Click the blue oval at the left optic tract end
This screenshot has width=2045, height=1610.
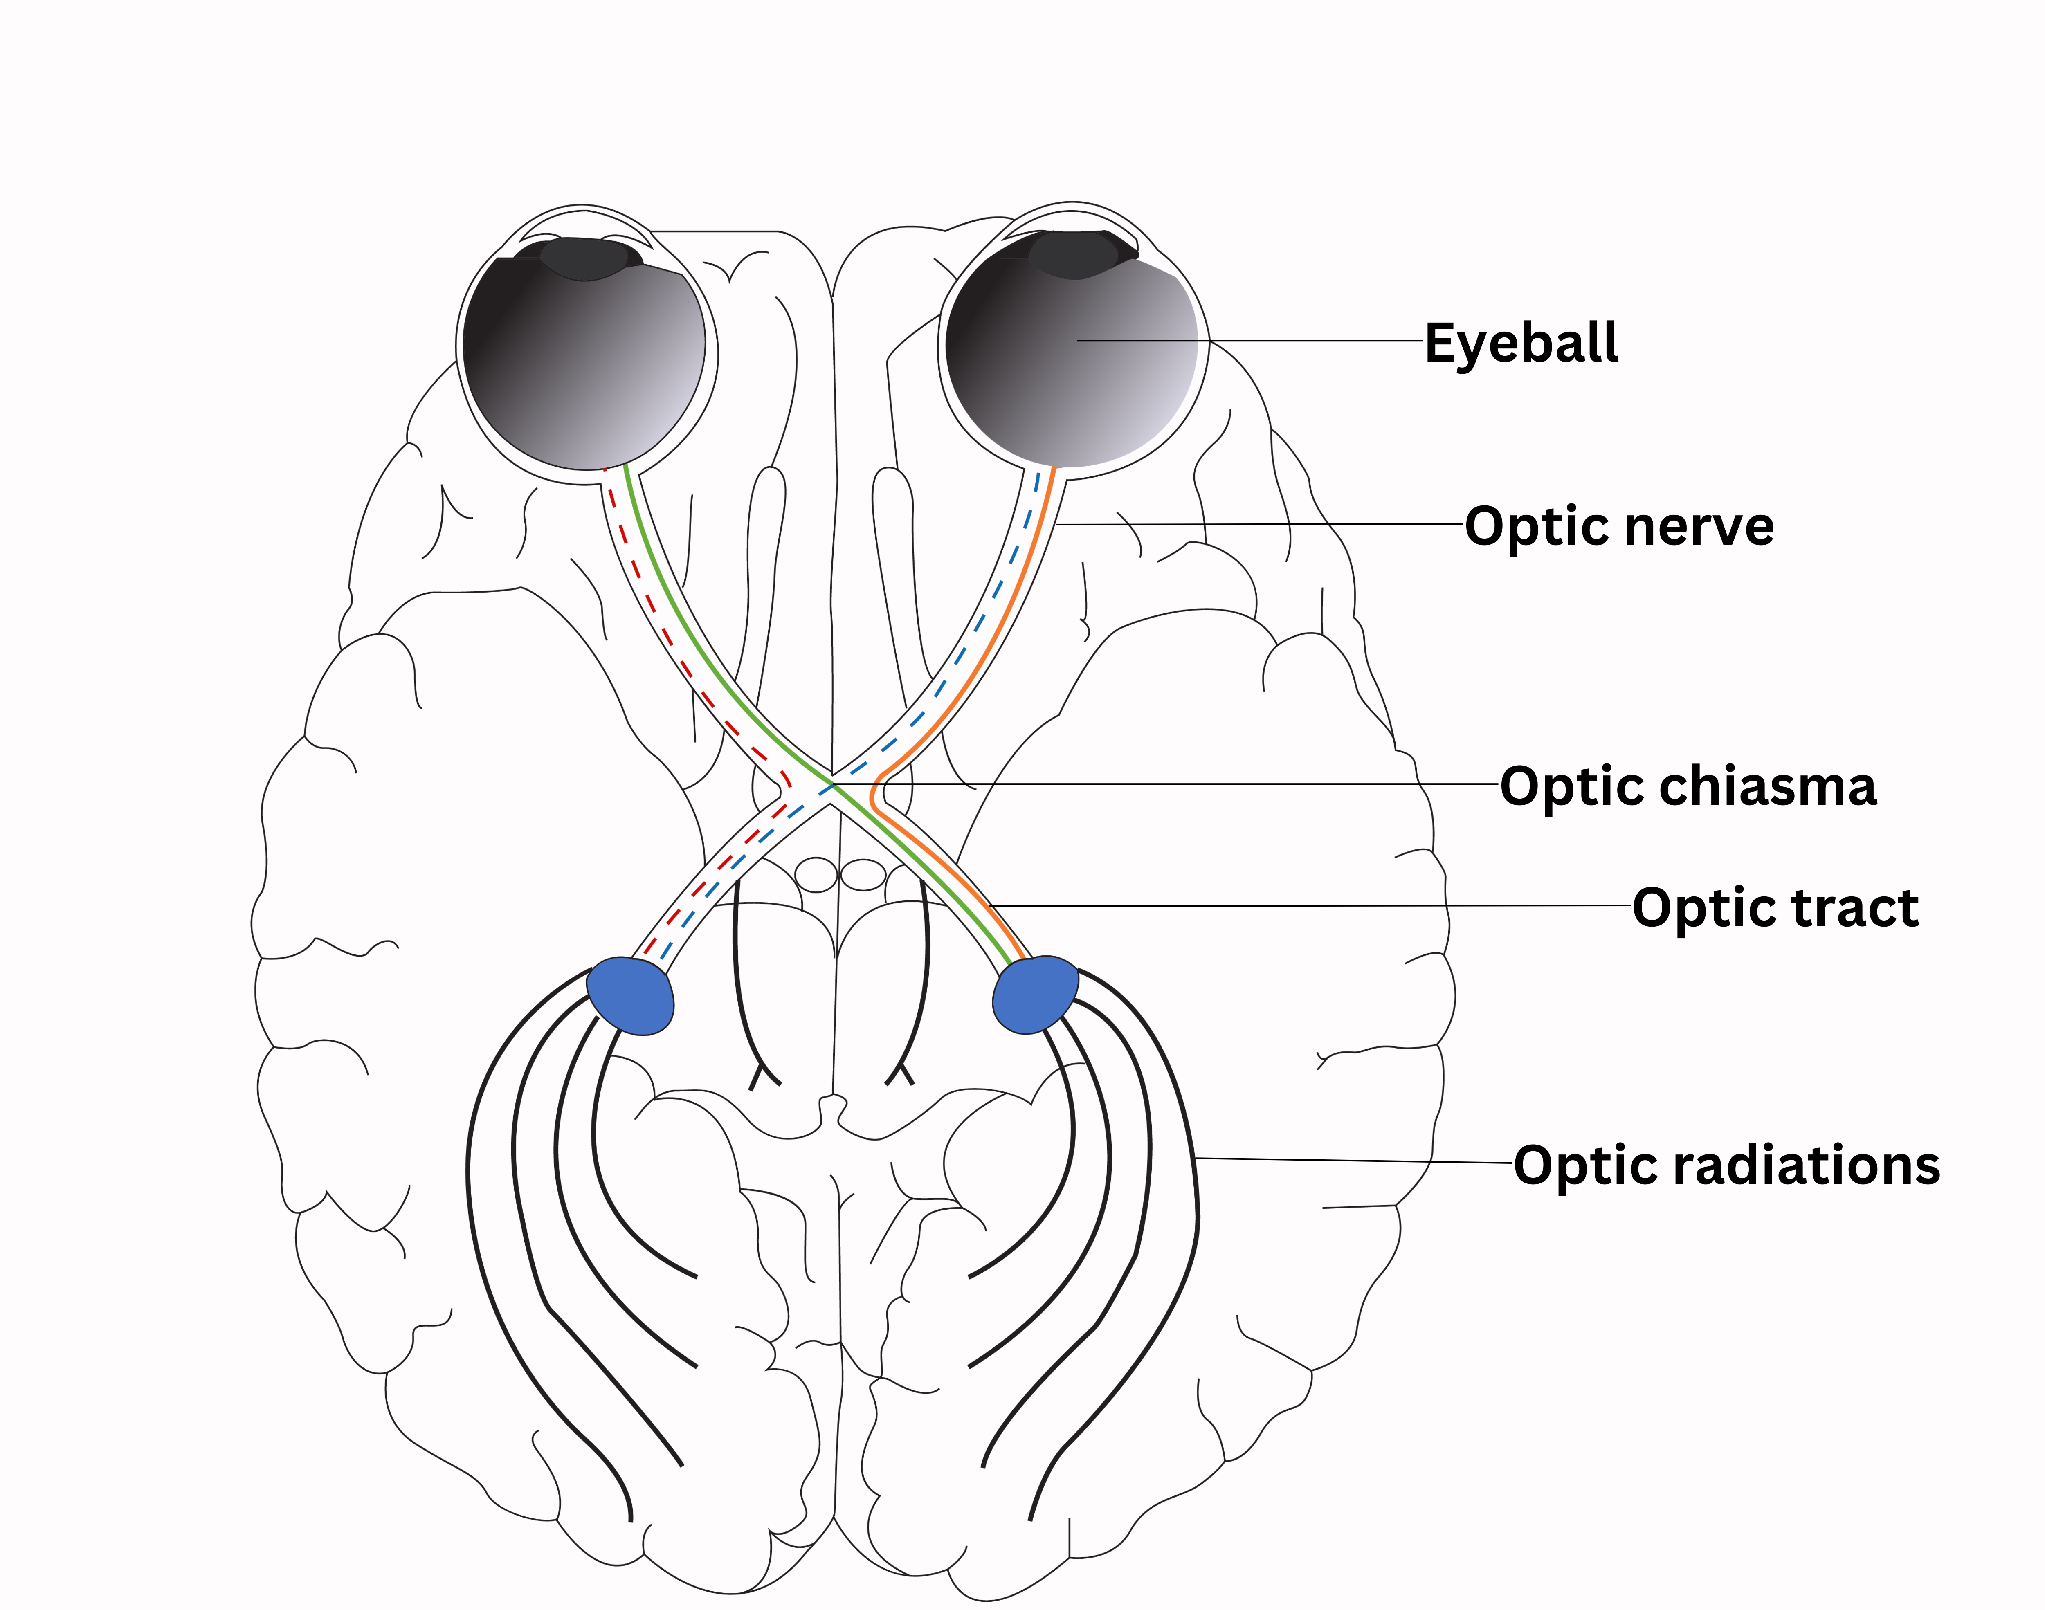630,996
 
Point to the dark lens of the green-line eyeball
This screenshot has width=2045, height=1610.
587,258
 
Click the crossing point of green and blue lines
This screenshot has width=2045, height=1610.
833,784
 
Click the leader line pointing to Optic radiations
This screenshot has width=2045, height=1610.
1348,1160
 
